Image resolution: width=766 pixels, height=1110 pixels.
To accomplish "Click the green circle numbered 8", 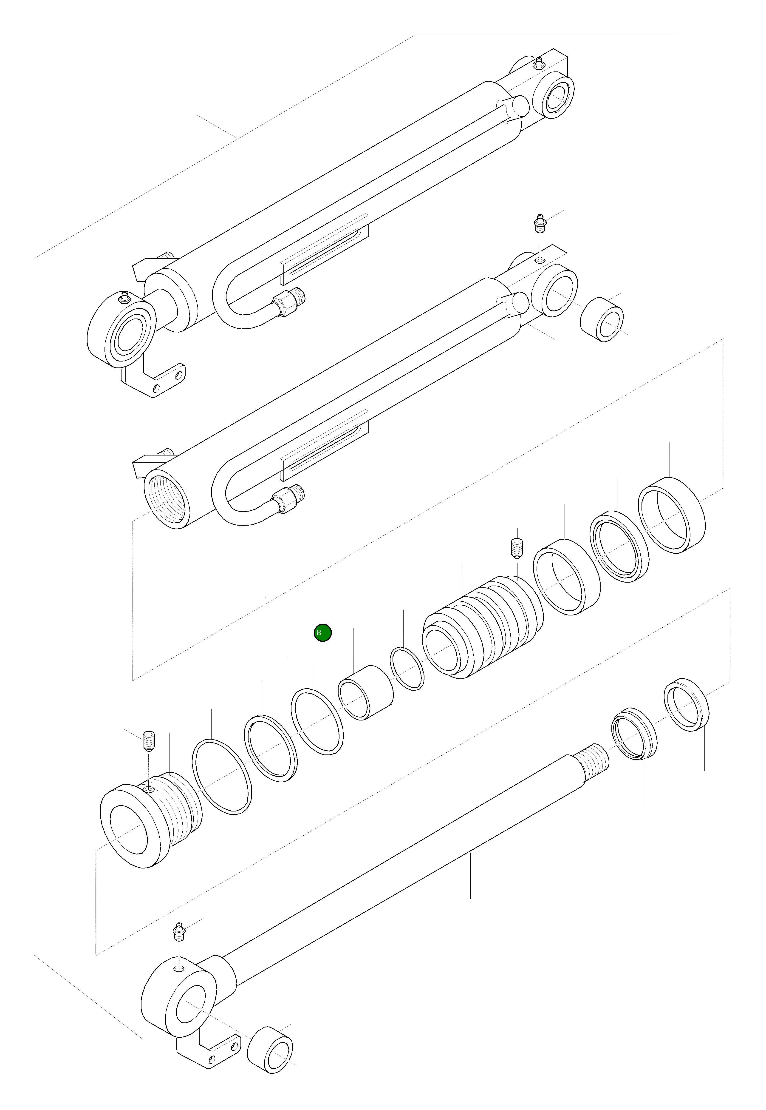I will pyautogui.click(x=323, y=633).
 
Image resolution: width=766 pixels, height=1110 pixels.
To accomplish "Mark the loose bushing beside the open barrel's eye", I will pyautogui.click(x=602, y=319).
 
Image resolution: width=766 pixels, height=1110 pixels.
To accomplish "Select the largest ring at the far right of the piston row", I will pyautogui.click(x=671, y=515).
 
